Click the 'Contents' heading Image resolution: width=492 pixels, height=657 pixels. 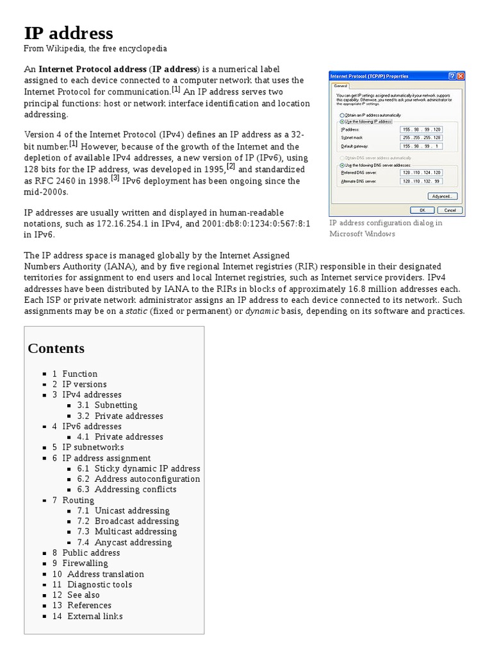coord(56,348)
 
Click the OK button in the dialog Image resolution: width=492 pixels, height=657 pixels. coord(423,210)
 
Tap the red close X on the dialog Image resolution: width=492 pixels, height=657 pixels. coord(461,76)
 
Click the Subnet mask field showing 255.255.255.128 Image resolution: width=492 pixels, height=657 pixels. coord(421,137)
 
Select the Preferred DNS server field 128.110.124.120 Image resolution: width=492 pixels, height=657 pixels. coord(421,173)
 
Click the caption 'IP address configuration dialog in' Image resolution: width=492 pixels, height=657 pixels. coord(386,223)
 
